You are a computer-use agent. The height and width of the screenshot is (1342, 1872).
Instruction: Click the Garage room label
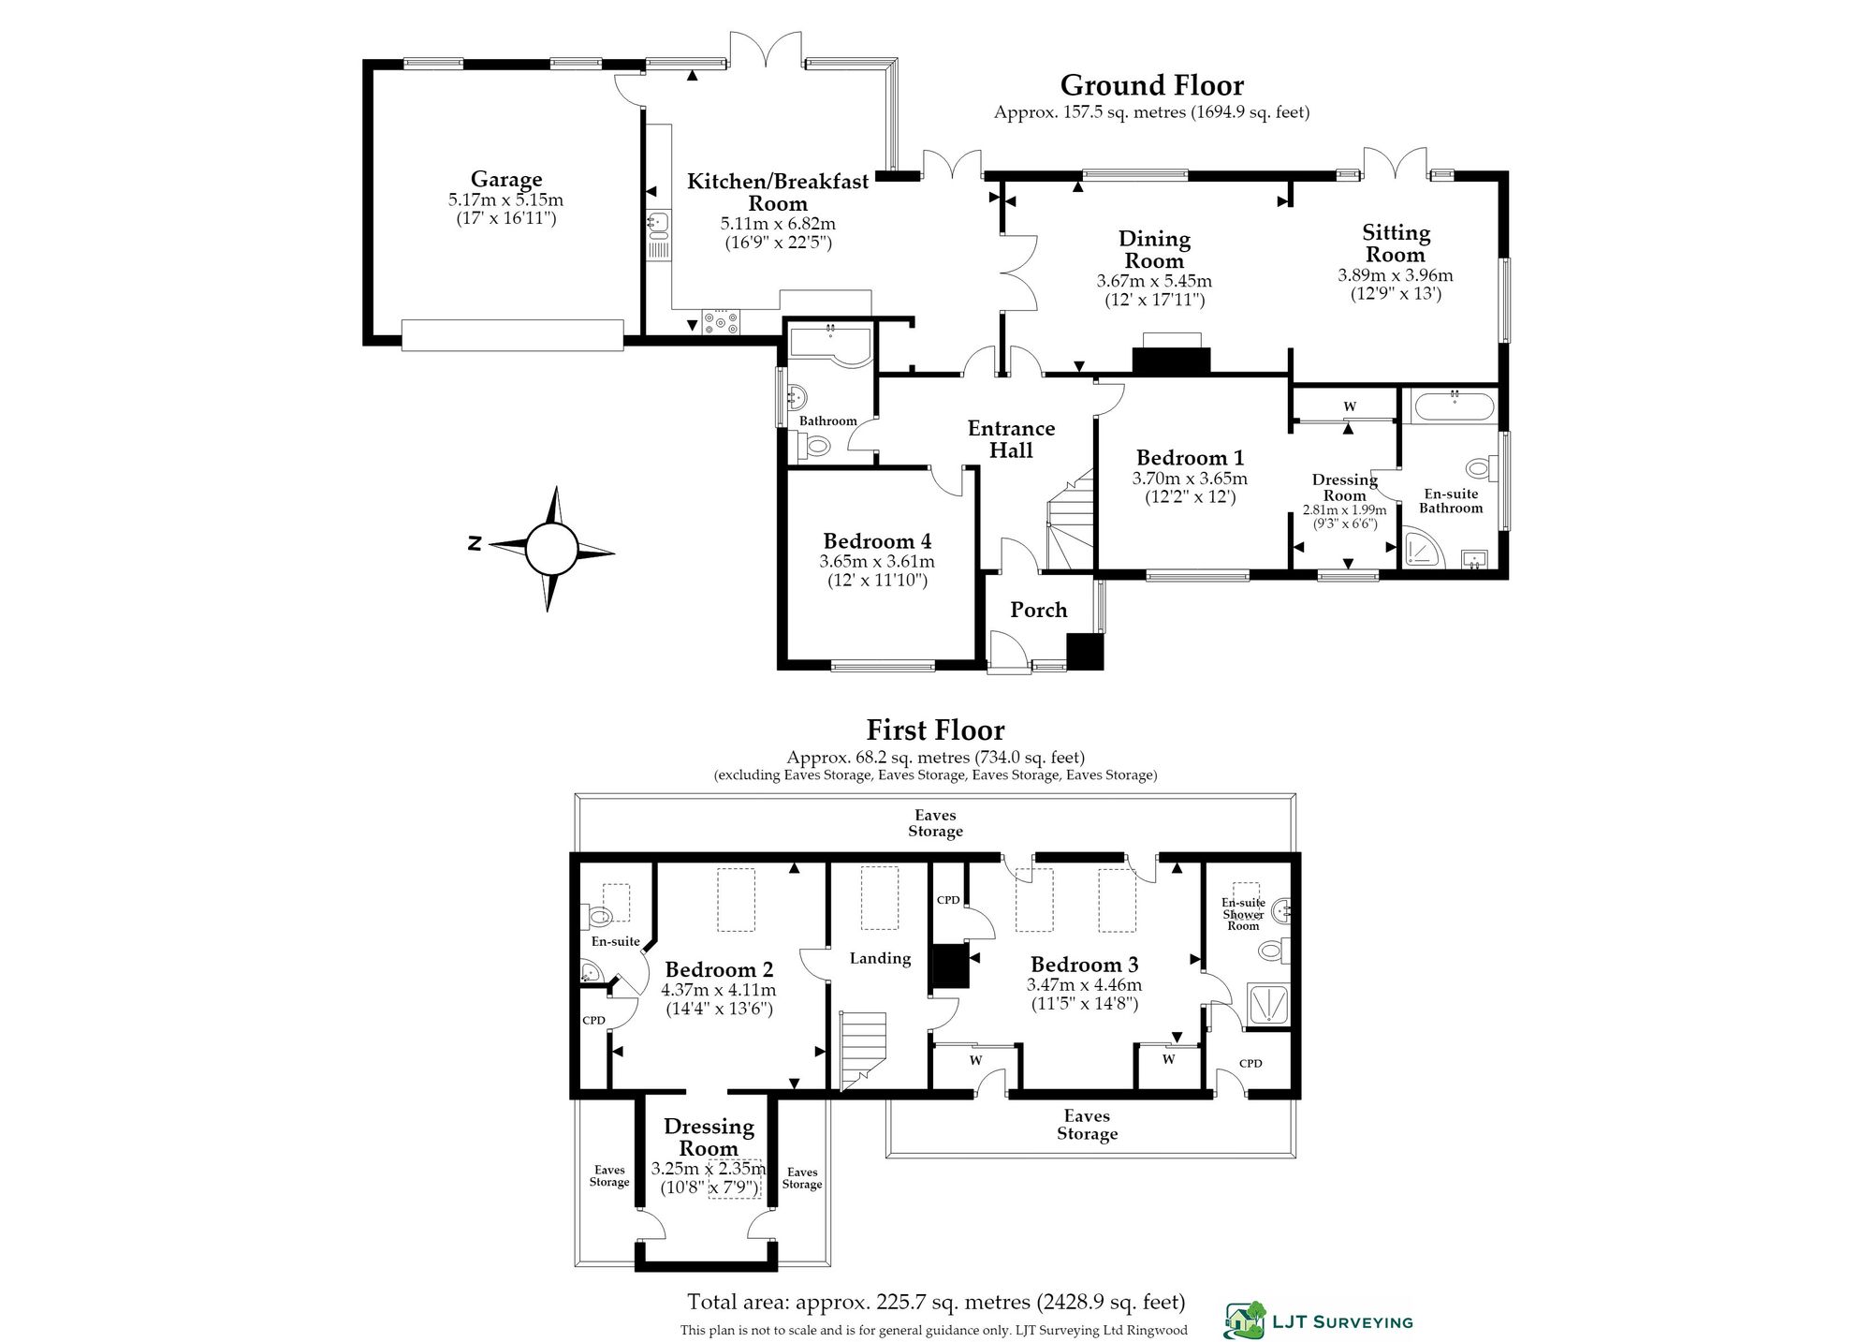[506, 179]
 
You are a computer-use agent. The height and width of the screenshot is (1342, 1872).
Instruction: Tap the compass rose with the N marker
[550, 549]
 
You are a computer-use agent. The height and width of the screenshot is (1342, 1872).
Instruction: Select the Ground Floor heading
[1152, 85]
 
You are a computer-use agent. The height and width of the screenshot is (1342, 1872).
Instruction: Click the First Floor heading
[935, 730]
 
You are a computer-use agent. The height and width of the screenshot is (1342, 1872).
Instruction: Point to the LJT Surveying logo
[1319, 1320]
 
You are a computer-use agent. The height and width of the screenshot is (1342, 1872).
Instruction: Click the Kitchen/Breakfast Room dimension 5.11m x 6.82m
[778, 224]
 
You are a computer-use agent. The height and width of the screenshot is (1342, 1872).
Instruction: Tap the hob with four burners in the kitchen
[720, 322]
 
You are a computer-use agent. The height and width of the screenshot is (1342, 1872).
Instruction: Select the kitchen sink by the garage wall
[658, 234]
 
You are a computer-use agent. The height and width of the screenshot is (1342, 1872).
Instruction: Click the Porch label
[1038, 610]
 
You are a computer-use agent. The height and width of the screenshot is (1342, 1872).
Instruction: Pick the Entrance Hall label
[1011, 439]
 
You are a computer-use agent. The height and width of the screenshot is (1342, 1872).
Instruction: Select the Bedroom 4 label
[877, 540]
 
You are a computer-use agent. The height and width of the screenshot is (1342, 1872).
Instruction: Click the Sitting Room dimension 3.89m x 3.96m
[1395, 275]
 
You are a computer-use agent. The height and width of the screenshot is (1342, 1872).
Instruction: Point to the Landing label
[880, 958]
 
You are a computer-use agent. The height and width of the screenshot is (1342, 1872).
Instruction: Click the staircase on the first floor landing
[862, 1050]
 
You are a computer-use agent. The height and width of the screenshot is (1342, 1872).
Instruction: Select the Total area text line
[936, 1302]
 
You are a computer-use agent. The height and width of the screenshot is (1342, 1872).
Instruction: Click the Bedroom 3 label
[1084, 965]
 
